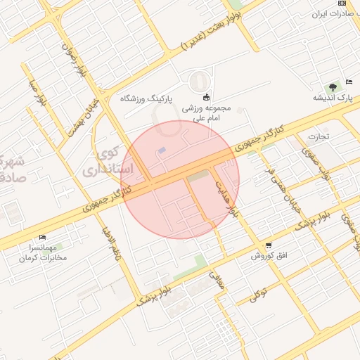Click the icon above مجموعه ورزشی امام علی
206,97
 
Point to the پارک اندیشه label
334,98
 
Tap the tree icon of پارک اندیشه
332,86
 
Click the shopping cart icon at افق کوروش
269,245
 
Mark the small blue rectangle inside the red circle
162,150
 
